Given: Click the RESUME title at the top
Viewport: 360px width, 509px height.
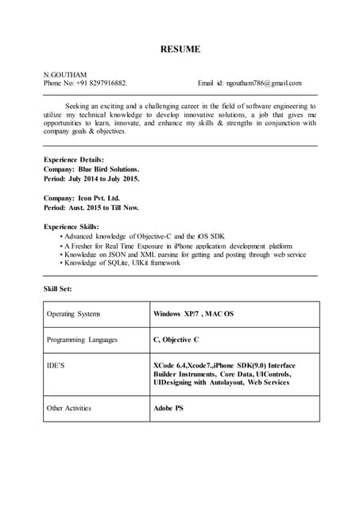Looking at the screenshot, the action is click(x=180, y=50).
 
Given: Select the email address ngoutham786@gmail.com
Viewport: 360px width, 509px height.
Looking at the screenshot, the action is click(x=264, y=83).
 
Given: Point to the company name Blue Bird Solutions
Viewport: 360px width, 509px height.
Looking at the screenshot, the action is click(x=109, y=169).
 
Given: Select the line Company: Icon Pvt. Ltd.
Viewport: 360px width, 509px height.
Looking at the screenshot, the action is click(x=82, y=198).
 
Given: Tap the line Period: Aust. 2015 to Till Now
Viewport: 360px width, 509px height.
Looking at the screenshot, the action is click(x=91, y=208).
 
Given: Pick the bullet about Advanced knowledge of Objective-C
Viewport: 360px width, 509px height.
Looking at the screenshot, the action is click(x=134, y=237).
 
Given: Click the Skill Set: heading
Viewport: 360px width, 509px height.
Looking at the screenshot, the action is click(x=57, y=289).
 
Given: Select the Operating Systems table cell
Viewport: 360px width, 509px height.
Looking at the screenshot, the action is click(x=73, y=314).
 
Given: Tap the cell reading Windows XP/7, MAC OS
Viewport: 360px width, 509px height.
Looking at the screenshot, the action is click(x=193, y=314).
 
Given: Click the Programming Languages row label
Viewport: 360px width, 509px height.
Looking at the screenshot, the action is click(x=82, y=340).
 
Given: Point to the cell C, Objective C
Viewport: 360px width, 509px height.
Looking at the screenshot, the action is click(x=176, y=340).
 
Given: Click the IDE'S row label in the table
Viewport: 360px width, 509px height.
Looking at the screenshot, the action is click(x=56, y=366).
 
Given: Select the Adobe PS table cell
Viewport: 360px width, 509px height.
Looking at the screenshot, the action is click(x=168, y=409).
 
